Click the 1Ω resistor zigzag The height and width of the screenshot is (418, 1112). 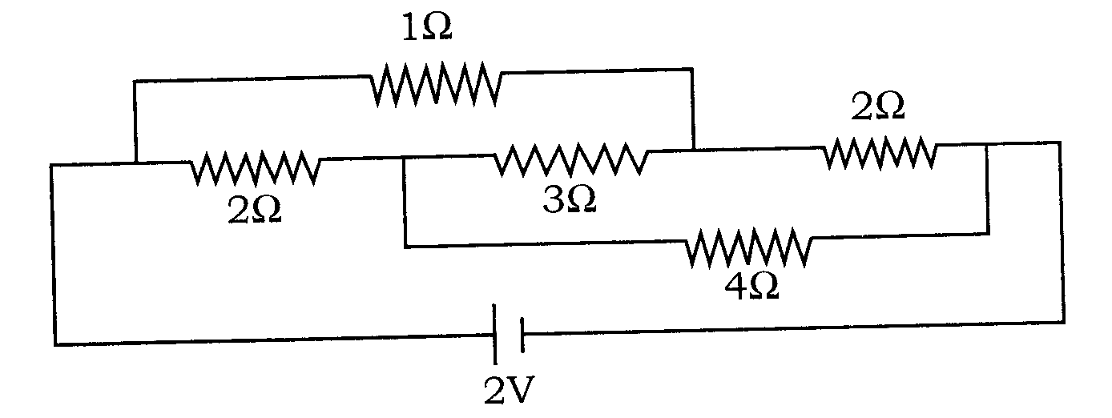tap(436, 84)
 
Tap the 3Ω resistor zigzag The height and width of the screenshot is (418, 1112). tap(571, 159)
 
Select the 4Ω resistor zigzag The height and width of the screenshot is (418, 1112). tap(748, 247)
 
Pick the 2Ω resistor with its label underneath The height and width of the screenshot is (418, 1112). tap(255, 168)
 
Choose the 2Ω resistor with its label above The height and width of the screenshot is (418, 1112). tap(880, 152)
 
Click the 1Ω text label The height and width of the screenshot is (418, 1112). tap(427, 27)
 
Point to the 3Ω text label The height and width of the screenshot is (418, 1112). tap(570, 199)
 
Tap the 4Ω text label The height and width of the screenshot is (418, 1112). tap(751, 286)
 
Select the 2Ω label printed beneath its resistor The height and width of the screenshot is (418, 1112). tap(254, 210)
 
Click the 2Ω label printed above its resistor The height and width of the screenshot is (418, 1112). tap(878, 107)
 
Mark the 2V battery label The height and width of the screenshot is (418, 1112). tap(510, 390)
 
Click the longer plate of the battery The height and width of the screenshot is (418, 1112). tap(494, 334)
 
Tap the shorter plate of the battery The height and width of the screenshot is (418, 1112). tap(522, 335)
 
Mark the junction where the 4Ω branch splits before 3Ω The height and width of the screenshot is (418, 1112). tap(405, 159)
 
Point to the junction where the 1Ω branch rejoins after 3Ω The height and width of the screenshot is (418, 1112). tap(693, 149)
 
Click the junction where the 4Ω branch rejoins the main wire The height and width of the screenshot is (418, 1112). tap(986, 144)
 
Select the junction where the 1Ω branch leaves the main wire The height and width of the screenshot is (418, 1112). tap(135, 163)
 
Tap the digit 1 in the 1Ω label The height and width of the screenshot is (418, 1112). tap(410, 27)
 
